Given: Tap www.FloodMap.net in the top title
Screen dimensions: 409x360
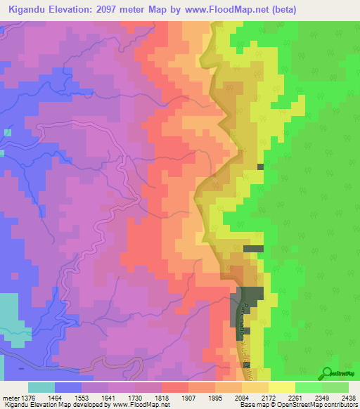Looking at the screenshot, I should [x=231, y=10].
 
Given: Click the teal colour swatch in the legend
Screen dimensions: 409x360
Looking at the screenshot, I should [x=41, y=387].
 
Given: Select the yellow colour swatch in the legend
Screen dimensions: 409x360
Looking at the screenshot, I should [x=282, y=387].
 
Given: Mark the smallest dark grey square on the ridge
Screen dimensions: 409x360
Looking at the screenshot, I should [x=261, y=167].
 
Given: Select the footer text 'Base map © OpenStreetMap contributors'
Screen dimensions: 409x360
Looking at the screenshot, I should [x=297, y=405].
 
